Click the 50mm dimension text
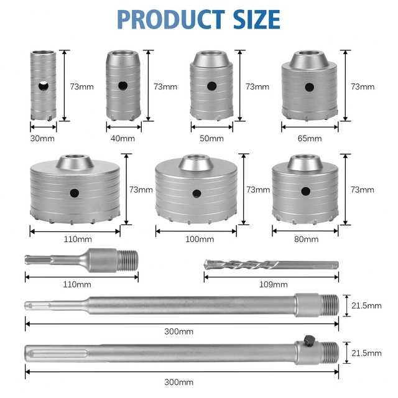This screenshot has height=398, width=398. coord(212,138)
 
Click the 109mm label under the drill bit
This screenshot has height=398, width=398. coord(273,284)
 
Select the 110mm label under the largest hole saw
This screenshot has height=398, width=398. coord(75,239)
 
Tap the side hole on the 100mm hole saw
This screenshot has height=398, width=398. coord(197,193)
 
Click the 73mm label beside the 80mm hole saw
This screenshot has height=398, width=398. coord(363,189)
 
